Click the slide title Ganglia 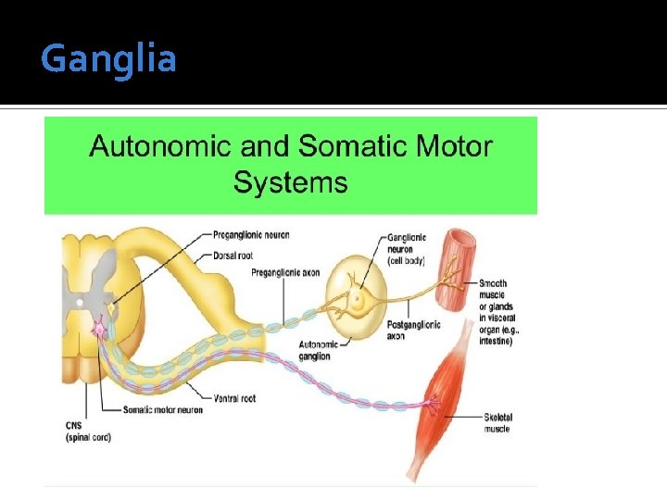tap(108, 59)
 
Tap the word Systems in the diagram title tap(290, 181)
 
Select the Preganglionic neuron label tap(249, 235)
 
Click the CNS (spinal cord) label tap(90, 431)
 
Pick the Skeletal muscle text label tap(497, 423)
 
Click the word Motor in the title tap(449, 146)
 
